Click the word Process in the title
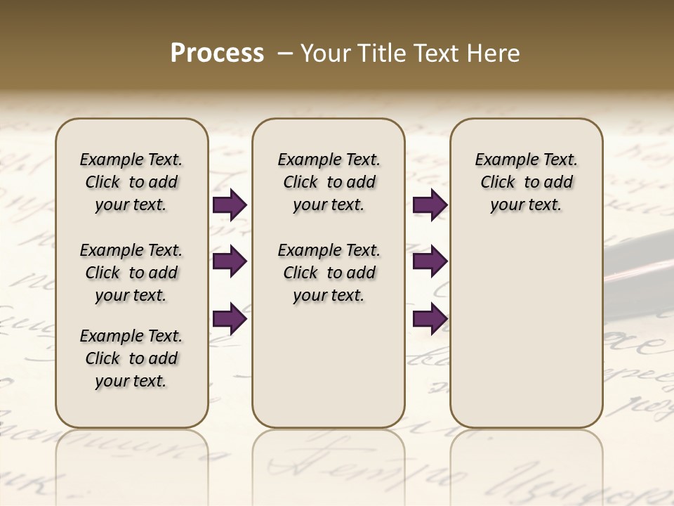217,53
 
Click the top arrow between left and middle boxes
230,205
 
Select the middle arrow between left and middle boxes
230,262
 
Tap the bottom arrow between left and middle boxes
230,319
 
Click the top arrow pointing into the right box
430,205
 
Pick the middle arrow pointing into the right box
430,262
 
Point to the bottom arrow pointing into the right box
430,319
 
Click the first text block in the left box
131,182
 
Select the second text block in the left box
131,273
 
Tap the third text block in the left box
131,358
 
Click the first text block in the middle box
329,182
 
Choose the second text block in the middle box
329,273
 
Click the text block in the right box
526,182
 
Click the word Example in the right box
501,160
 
